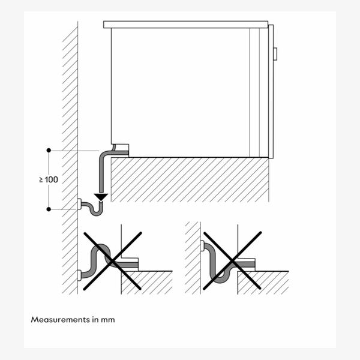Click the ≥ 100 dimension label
click(x=49, y=179)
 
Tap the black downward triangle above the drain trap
click(x=101, y=196)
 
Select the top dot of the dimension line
click(x=49, y=150)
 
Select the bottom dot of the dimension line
click(x=49, y=209)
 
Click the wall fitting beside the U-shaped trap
click(x=79, y=205)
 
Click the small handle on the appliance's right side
click(x=275, y=53)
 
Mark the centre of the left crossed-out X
click(x=112, y=260)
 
